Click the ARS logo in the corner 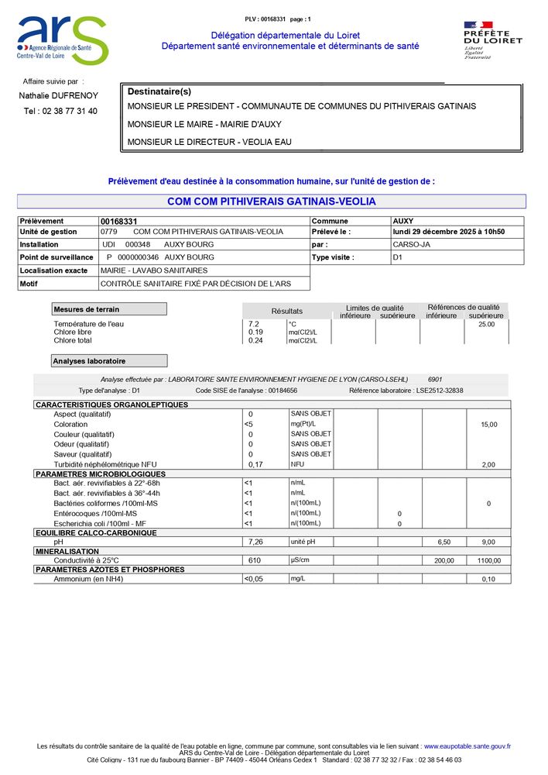(x=62, y=40)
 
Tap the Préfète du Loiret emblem (x=492, y=40)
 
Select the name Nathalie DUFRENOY (x=59, y=95)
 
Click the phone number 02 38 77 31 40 (x=60, y=111)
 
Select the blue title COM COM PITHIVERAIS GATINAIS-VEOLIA (x=271, y=201)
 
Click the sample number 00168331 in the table (x=118, y=222)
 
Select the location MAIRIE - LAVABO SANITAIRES (x=154, y=270)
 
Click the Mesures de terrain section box (x=109, y=309)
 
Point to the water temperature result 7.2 (x=253, y=324)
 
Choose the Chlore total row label (x=73, y=341)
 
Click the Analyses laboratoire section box (x=109, y=361)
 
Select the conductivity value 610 (x=255, y=560)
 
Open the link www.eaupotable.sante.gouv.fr (x=467, y=746)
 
